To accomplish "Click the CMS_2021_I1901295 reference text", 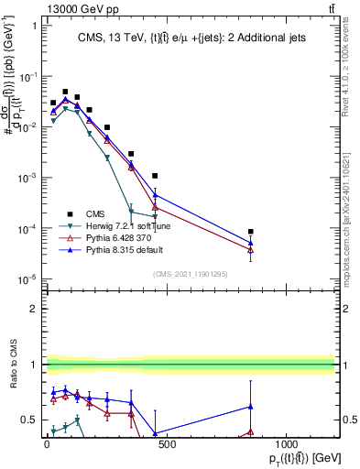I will [190, 273].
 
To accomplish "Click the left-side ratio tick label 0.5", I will [29, 420].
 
